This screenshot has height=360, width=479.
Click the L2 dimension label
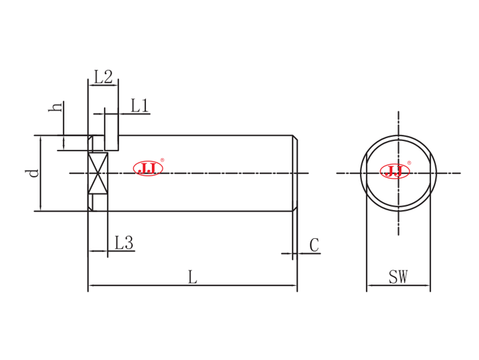point(103,77)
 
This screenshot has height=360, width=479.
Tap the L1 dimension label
point(140,105)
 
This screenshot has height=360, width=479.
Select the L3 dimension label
point(123,243)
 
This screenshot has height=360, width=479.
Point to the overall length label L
point(192,277)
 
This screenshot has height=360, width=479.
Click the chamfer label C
point(314,245)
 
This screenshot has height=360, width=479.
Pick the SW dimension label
point(398,277)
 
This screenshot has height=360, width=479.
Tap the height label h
point(55,107)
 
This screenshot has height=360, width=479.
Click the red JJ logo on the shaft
point(148,168)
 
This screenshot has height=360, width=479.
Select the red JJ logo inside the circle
point(395,171)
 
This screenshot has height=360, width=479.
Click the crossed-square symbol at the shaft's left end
point(98,173)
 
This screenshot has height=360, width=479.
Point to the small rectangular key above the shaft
point(111,132)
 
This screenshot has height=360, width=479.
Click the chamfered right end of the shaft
point(295,173)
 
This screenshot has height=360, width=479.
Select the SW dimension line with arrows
point(398,286)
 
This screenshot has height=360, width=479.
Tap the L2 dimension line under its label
point(103,86)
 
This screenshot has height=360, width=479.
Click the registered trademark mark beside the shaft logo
point(162,160)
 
